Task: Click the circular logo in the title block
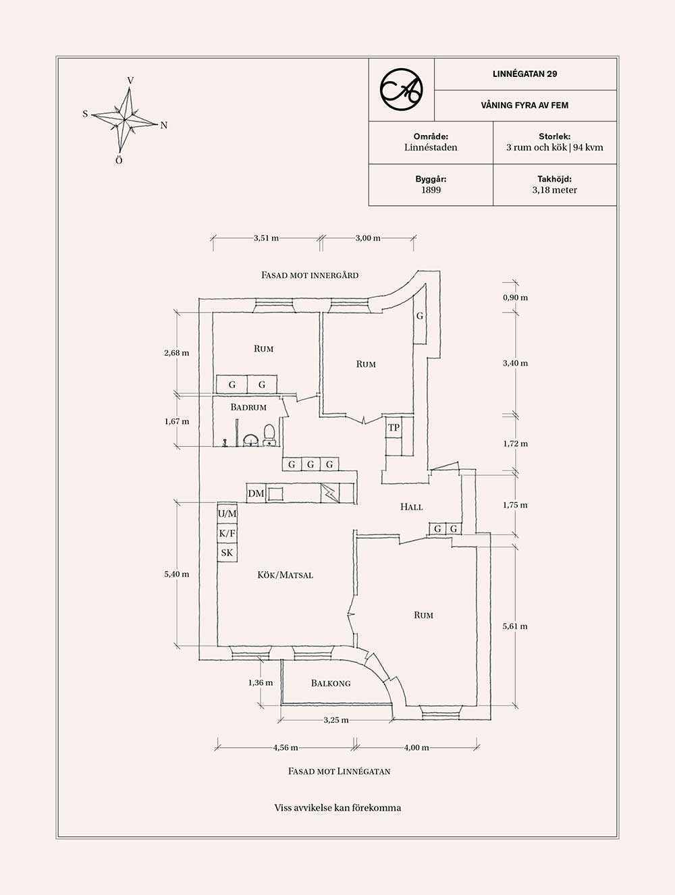402,90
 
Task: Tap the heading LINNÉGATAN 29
524,74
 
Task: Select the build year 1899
431,190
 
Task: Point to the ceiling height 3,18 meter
554,190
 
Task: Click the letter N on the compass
164,126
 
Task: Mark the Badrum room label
248,407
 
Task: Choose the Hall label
411,507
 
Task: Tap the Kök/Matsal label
286,575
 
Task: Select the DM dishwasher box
256,493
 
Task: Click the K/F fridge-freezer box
227,533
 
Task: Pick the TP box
394,427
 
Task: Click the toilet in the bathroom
269,435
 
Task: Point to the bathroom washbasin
250,440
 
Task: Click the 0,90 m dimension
515,298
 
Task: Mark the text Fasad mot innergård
310,275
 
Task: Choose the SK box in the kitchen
227,553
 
